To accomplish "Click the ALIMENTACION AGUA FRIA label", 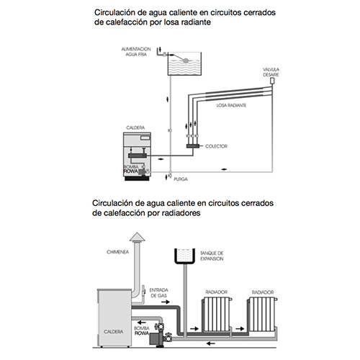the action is click(136, 52).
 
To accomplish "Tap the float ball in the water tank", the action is click(186, 60).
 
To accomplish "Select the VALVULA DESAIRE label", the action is click(271, 72).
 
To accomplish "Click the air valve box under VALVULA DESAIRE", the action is click(272, 81).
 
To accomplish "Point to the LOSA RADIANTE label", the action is click(231, 105).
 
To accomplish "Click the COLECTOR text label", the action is click(216, 146).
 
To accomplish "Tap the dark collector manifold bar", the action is click(193, 146).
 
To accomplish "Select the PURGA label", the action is click(181, 179).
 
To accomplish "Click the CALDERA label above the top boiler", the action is click(135, 127).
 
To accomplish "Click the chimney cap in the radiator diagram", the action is click(138, 237).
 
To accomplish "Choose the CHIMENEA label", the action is click(117, 252).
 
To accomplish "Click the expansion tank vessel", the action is click(184, 256).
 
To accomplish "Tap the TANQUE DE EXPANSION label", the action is click(212, 256).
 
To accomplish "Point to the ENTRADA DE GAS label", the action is click(158, 293).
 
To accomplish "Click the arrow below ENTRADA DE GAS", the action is click(166, 302).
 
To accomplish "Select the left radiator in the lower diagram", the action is click(217, 315).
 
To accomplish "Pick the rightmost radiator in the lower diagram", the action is click(262, 315).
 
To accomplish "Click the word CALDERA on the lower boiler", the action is click(114, 332).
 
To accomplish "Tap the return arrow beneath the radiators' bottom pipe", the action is click(211, 343).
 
